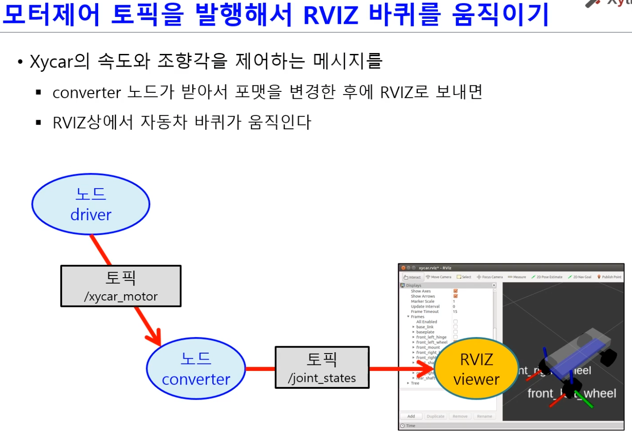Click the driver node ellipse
click(x=91, y=204)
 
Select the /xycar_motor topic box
click(x=121, y=286)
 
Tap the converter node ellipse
click(x=196, y=369)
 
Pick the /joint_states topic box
click(x=322, y=367)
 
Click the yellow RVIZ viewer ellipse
click(x=476, y=369)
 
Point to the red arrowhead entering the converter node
click(x=155, y=338)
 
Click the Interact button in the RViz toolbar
click(x=412, y=277)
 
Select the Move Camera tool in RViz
click(x=438, y=277)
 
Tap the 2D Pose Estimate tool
click(x=547, y=277)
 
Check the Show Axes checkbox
click(x=455, y=291)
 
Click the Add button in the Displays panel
click(x=411, y=416)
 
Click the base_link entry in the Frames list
click(x=425, y=327)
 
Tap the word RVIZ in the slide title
click(x=331, y=15)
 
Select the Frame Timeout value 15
click(x=455, y=312)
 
